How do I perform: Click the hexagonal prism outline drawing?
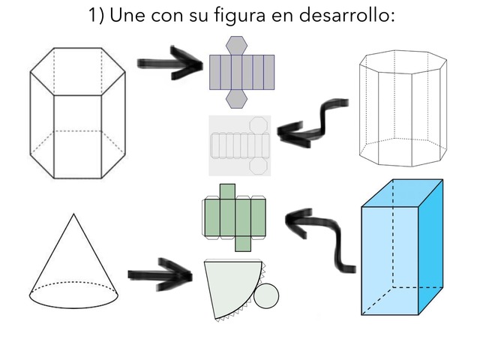(x=77, y=112)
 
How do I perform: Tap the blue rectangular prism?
(x=401, y=247)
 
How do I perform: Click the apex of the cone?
(x=73, y=214)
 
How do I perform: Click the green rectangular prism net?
(x=236, y=217)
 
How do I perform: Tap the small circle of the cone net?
(x=265, y=296)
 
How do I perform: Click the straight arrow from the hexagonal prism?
(x=171, y=64)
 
